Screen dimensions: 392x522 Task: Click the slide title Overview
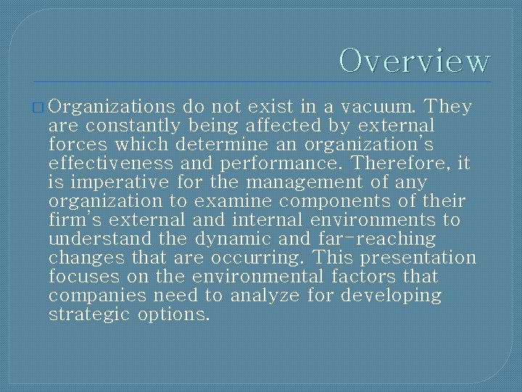click(415, 60)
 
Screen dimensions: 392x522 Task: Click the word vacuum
click(380, 107)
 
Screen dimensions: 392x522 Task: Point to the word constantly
click(128, 126)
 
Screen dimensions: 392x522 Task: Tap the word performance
click(279, 164)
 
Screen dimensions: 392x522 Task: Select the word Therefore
click(410, 164)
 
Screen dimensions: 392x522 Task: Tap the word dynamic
click(239, 240)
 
